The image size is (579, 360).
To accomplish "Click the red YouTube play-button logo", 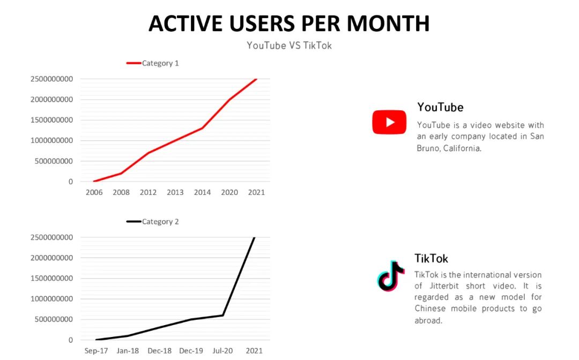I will (389, 122).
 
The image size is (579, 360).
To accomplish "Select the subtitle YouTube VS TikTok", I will (289, 46).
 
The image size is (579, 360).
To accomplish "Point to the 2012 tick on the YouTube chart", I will (148, 192).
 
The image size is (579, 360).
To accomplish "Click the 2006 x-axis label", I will (94, 192).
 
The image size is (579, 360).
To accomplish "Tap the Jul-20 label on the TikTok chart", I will (223, 351).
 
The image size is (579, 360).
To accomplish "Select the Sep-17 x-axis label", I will (97, 351).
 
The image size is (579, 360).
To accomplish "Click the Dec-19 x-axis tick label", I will (191, 351).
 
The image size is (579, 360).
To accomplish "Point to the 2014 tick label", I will (202, 192).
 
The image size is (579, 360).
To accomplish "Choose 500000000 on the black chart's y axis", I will (51, 319).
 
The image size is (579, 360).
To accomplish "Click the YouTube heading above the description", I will (440, 107).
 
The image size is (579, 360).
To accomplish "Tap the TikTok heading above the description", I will (431, 258).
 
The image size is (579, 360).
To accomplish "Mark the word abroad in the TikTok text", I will (428, 320).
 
